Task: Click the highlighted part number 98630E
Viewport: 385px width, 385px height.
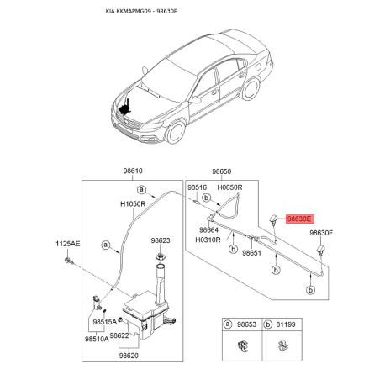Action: click(300, 219)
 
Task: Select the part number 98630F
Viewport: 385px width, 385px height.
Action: click(321, 233)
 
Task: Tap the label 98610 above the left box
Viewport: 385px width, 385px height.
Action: click(133, 171)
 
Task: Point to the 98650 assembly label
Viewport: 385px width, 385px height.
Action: click(222, 171)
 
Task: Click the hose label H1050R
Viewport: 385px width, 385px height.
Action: click(133, 203)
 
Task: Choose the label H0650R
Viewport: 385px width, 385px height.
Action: click(229, 187)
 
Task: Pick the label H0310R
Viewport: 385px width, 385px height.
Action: click(208, 240)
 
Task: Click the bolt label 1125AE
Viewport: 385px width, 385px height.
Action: click(67, 244)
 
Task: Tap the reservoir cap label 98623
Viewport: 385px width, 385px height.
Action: click(161, 240)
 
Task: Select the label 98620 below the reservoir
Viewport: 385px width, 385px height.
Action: click(129, 356)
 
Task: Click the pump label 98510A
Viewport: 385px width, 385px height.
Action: click(97, 339)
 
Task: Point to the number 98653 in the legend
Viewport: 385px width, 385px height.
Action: click(246, 324)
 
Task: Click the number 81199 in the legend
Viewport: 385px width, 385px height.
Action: click(286, 324)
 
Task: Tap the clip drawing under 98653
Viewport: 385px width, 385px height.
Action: click(243, 345)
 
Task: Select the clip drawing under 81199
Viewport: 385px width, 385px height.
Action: click(282, 345)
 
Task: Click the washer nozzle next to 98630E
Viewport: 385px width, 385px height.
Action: click(274, 219)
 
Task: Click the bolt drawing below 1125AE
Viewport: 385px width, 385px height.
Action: click(69, 261)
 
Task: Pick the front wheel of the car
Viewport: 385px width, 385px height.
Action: click(176, 133)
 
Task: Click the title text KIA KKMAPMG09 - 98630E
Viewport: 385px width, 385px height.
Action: click(141, 12)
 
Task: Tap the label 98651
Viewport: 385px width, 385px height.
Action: click(251, 253)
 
